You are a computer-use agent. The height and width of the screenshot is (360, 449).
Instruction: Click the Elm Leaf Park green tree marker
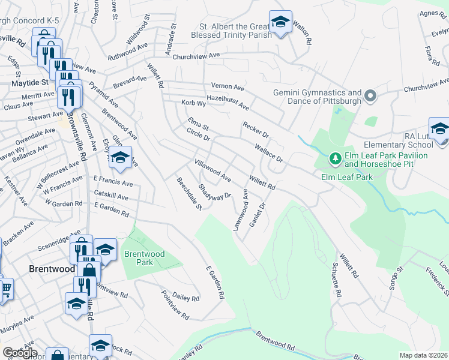tap(334, 159)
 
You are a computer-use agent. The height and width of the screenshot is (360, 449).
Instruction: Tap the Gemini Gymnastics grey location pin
tap(370, 96)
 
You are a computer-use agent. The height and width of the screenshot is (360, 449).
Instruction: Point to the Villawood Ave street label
tap(212, 170)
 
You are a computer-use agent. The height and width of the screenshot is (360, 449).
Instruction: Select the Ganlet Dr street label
tap(261, 214)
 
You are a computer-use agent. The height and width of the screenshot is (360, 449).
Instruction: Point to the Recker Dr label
tap(255, 128)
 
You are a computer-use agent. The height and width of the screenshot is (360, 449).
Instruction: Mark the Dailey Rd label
tap(185, 298)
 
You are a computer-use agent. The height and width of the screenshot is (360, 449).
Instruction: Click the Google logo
tap(20, 353)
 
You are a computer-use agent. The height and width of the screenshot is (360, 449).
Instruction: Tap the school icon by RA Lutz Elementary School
tap(439, 129)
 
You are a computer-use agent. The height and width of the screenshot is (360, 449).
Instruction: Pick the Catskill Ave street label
tap(111, 196)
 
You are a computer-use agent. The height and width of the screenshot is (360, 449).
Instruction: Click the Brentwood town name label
tap(52, 269)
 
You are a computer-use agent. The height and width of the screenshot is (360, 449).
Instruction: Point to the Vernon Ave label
tap(228, 86)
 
